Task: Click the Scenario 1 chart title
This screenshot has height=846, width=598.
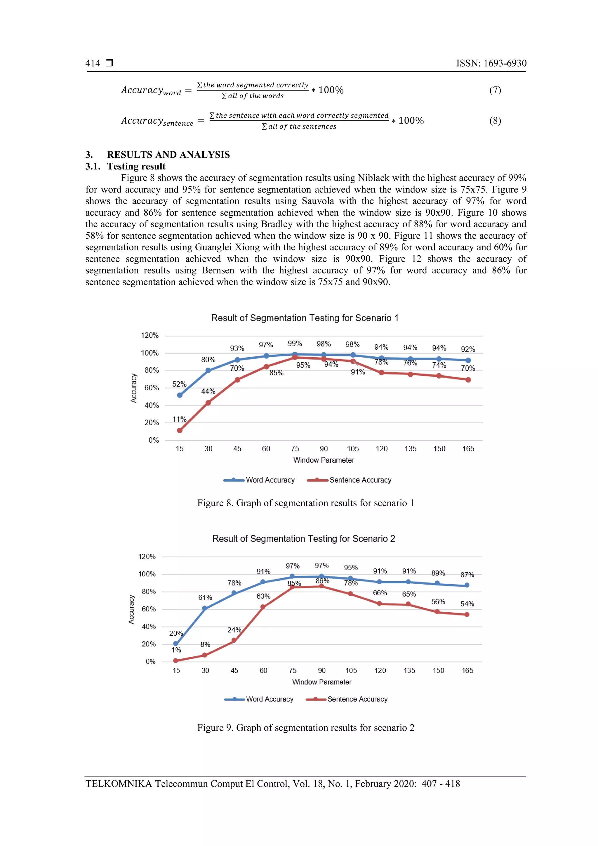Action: [305, 318]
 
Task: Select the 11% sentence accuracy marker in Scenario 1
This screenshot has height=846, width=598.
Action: [180, 430]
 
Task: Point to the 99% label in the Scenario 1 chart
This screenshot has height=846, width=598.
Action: [295, 344]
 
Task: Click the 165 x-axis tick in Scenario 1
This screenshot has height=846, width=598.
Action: [468, 449]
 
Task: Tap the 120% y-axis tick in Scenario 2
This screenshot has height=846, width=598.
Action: [147, 557]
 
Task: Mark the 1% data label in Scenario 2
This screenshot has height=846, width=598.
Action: [176, 650]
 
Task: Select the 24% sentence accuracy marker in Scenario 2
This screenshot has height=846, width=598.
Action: [234, 641]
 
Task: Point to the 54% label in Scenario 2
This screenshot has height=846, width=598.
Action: [467, 604]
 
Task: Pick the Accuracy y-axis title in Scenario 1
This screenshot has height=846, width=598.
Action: [134, 388]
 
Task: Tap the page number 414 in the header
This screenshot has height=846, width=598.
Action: [93, 63]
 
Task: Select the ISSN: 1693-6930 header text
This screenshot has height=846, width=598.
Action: [491, 63]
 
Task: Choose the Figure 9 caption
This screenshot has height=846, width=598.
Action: [306, 727]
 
